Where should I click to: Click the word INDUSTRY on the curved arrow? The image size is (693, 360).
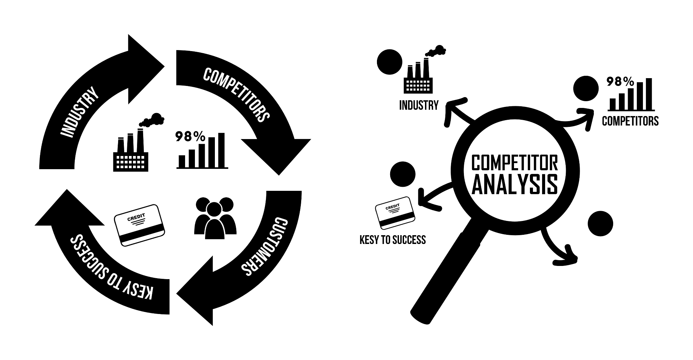click(x=80, y=112)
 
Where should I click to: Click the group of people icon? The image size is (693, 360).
click(x=215, y=218)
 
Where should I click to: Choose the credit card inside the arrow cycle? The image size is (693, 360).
click(x=140, y=225)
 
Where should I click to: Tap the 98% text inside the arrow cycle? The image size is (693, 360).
click(x=190, y=136)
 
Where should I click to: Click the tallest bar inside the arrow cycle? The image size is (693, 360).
click(x=221, y=150)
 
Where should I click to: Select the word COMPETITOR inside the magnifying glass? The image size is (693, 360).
click(x=514, y=163)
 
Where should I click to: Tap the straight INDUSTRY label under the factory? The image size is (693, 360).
click(x=419, y=105)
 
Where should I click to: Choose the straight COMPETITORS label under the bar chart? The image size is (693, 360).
click(x=630, y=121)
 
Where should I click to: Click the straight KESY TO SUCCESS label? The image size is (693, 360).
click(x=393, y=240)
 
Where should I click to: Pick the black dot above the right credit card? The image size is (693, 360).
click(x=403, y=175)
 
